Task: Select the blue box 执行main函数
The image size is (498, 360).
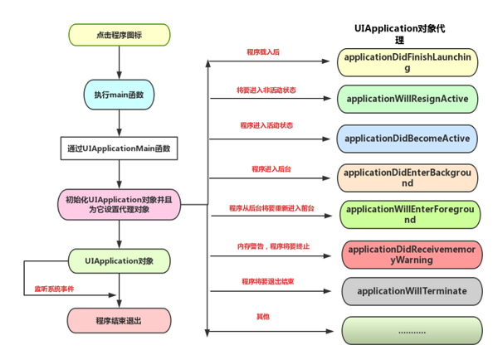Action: click(120, 95)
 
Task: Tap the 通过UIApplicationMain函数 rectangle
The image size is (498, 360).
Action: click(120, 148)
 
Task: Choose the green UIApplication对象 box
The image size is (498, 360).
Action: click(120, 261)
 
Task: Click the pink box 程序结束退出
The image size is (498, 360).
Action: click(120, 319)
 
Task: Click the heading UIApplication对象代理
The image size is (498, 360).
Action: click(400, 33)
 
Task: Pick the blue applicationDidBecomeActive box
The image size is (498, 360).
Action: click(407, 139)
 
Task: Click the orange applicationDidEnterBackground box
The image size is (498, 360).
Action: click(407, 177)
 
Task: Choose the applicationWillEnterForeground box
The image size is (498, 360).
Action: click(407, 215)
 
